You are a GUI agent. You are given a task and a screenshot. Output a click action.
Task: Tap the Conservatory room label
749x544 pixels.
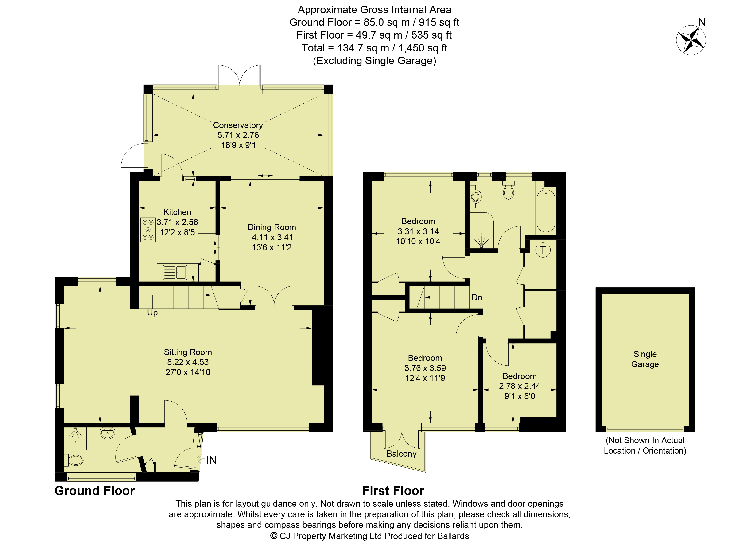(238, 125)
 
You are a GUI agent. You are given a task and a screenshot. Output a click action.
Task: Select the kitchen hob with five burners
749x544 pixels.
(148, 230)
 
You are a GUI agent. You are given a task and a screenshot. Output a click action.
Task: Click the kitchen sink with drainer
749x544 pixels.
(175, 273)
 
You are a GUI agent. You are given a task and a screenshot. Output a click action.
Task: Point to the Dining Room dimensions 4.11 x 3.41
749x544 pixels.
(272, 237)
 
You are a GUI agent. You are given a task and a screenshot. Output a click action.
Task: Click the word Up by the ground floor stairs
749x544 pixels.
(152, 313)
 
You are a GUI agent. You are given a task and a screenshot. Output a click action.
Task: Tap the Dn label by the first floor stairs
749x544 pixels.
(477, 297)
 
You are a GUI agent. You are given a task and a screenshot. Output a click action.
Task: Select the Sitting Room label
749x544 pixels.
(188, 352)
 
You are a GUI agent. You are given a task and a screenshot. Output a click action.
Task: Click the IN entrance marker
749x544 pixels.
(211, 460)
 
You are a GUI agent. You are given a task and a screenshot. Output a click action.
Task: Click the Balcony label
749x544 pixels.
(402, 454)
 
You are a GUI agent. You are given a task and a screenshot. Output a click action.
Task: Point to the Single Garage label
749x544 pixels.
(645, 359)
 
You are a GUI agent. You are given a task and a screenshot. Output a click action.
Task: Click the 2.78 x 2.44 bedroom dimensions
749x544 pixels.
(520, 386)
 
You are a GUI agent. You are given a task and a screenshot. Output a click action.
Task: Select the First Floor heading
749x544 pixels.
(393, 491)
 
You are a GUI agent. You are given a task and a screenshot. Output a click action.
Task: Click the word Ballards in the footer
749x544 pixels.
(453, 536)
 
